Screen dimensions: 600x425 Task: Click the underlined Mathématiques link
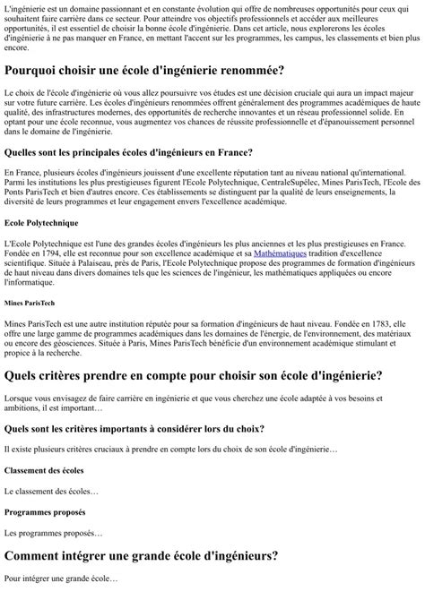280,253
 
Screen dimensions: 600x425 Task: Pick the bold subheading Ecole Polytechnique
40,222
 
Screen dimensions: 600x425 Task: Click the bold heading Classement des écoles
44,469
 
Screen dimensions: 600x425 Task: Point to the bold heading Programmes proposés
45,512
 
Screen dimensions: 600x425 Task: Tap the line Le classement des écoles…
52,491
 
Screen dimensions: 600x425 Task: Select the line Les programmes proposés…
54,534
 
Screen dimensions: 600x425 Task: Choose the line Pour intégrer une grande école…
61,579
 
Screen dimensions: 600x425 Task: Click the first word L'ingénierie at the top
26,7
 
